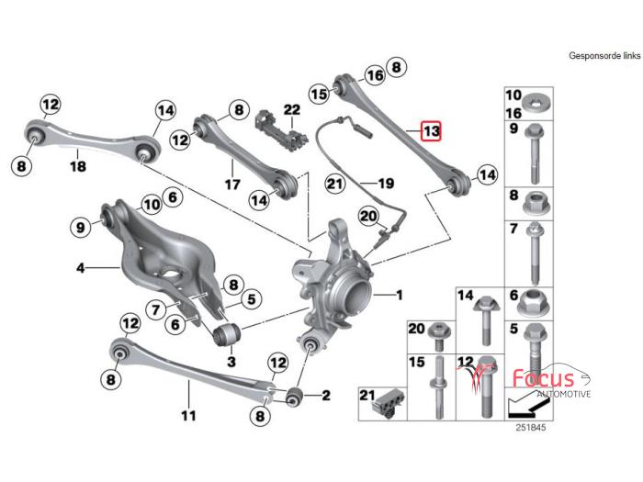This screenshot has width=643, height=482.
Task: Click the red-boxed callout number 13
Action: click(432, 131)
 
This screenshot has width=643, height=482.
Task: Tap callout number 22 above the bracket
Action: click(291, 110)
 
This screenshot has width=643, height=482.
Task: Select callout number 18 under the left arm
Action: click(78, 166)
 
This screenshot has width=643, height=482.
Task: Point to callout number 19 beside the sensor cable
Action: click(385, 183)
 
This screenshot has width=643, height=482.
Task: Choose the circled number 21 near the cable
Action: click(334, 184)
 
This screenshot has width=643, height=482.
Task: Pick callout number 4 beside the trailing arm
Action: click(81, 268)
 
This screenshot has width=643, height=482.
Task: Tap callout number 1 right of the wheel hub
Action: click(399, 296)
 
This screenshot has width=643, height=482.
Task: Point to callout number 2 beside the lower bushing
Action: click(325, 396)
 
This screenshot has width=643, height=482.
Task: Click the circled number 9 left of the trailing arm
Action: click(81, 227)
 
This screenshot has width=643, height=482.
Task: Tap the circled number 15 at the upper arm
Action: click(319, 93)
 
